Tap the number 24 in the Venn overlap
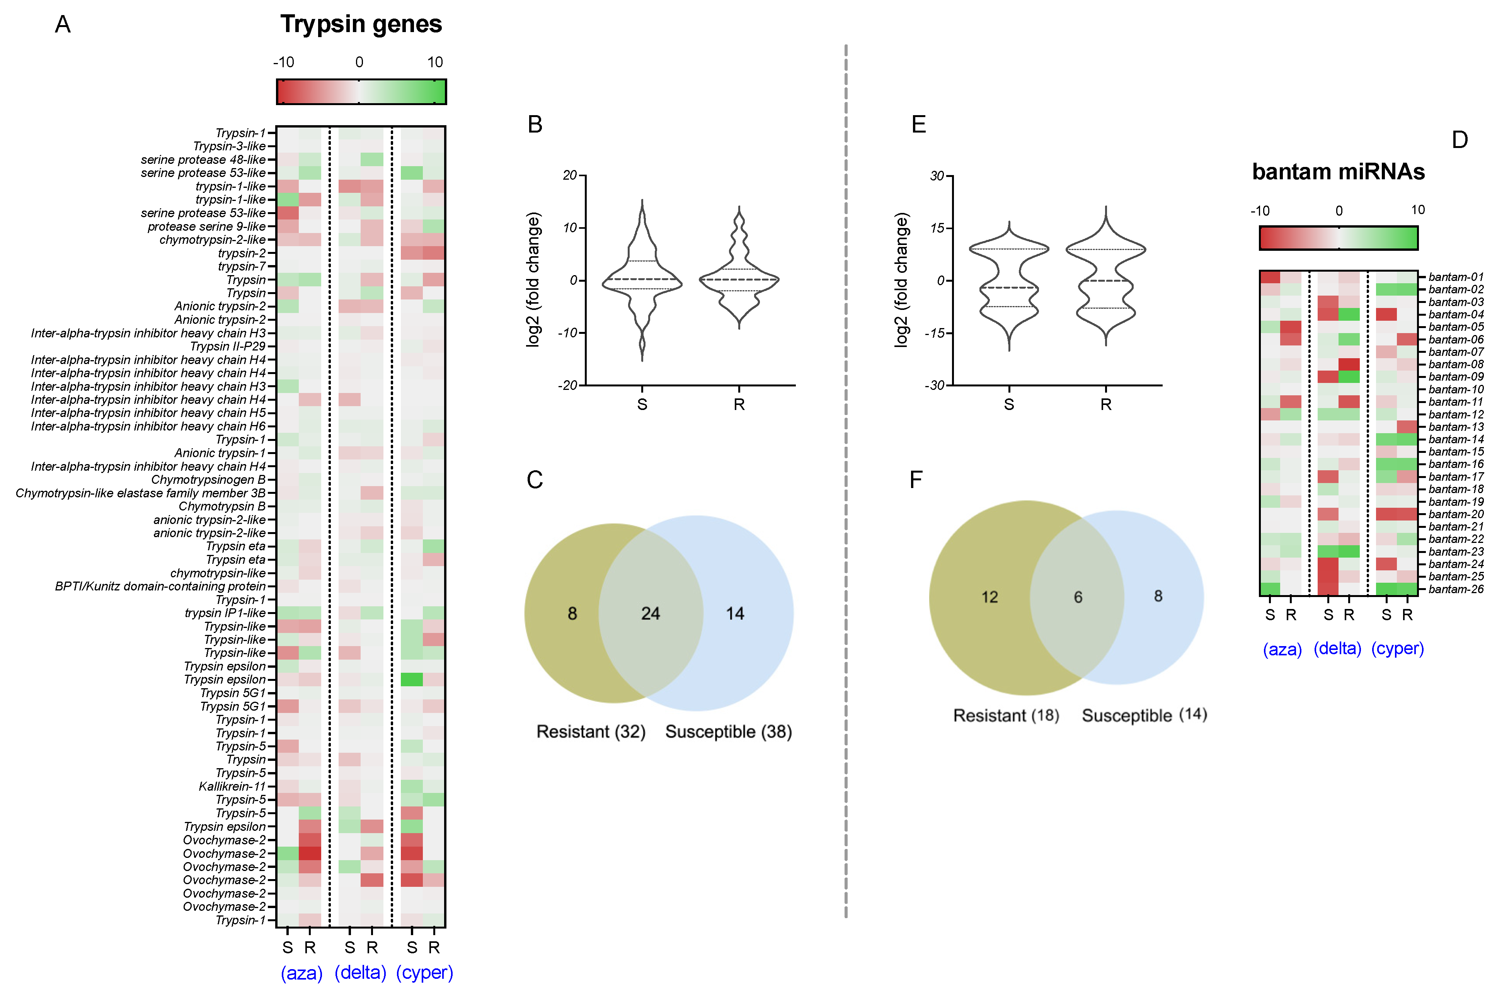click(650, 613)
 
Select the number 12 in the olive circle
click(989, 597)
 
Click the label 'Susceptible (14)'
click(1144, 715)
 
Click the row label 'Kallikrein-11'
click(232, 786)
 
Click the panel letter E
click(919, 124)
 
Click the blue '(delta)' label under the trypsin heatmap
click(360, 972)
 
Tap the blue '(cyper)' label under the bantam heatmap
click(1397, 648)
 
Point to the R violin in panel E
click(1105, 278)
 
